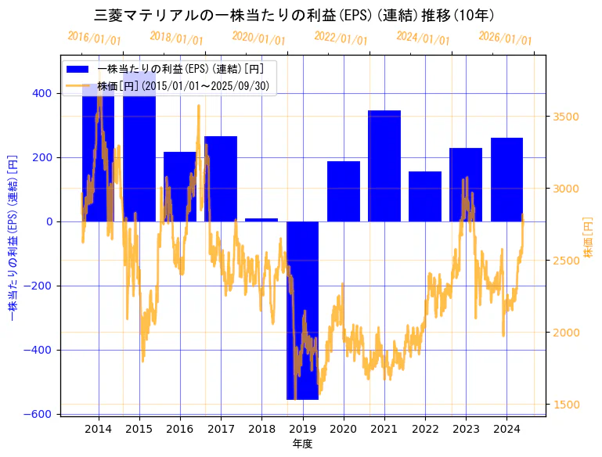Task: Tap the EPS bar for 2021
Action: click(384, 166)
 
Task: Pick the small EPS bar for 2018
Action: click(261, 220)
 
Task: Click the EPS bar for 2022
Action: click(425, 196)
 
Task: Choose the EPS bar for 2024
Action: click(506, 179)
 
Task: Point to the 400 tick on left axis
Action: click(42, 93)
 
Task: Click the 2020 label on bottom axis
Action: click(343, 429)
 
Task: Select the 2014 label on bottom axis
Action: click(98, 429)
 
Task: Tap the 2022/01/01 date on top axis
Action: click(341, 37)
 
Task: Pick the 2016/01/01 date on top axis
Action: click(94, 37)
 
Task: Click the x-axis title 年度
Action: click(302, 444)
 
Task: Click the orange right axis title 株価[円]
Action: click(589, 236)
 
